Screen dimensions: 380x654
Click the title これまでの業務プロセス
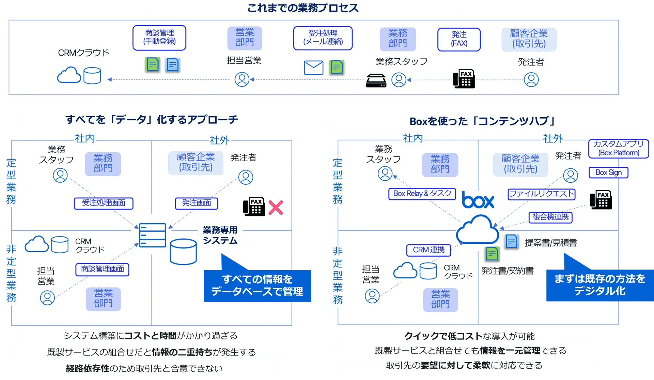coord(302,9)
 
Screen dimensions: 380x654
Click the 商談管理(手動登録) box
coord(159,38)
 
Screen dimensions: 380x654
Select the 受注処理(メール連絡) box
coord(323,38)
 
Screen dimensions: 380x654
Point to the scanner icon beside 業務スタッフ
coord(376,80)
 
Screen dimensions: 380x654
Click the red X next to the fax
coord(276,208)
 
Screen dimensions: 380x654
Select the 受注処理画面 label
coord(104,203)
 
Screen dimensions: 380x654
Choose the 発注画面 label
coord(197,203)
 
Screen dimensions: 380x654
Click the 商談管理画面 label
coord(103,269)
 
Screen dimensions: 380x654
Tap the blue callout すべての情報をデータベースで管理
coord(257,286)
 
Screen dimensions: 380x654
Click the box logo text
coord(478,201)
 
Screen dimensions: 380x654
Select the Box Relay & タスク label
coord(422,194)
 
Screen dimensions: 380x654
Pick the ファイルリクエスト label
coord(541,194)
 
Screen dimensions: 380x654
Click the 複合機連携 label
coord(550,217)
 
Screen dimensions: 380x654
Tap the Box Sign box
coord(608,172)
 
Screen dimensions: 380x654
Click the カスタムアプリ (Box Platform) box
coord(619,148)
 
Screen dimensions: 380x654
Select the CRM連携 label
coord(429,250)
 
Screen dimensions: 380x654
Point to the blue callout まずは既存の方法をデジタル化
coord(599,285)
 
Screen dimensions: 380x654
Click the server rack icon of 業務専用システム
coord(152,235)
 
